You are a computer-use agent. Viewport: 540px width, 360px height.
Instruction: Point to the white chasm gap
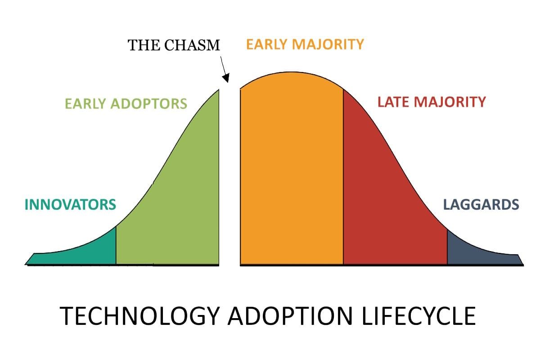pyautogui.click(x=229, y=180)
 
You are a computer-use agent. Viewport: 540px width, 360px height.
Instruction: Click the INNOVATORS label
pyautogui.click(x=70, y=205)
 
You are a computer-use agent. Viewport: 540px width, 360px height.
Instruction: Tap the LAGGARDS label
pyautogui.click(x=481, y=205)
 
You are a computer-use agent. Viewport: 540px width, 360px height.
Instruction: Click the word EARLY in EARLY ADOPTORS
pyautogui.click(x=85, y=103)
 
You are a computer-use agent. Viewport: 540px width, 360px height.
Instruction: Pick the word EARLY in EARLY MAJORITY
pyautogui.click(x=267, y=44)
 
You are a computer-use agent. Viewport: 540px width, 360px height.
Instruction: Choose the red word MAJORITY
pyautogui.click(x=450, y=102)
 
